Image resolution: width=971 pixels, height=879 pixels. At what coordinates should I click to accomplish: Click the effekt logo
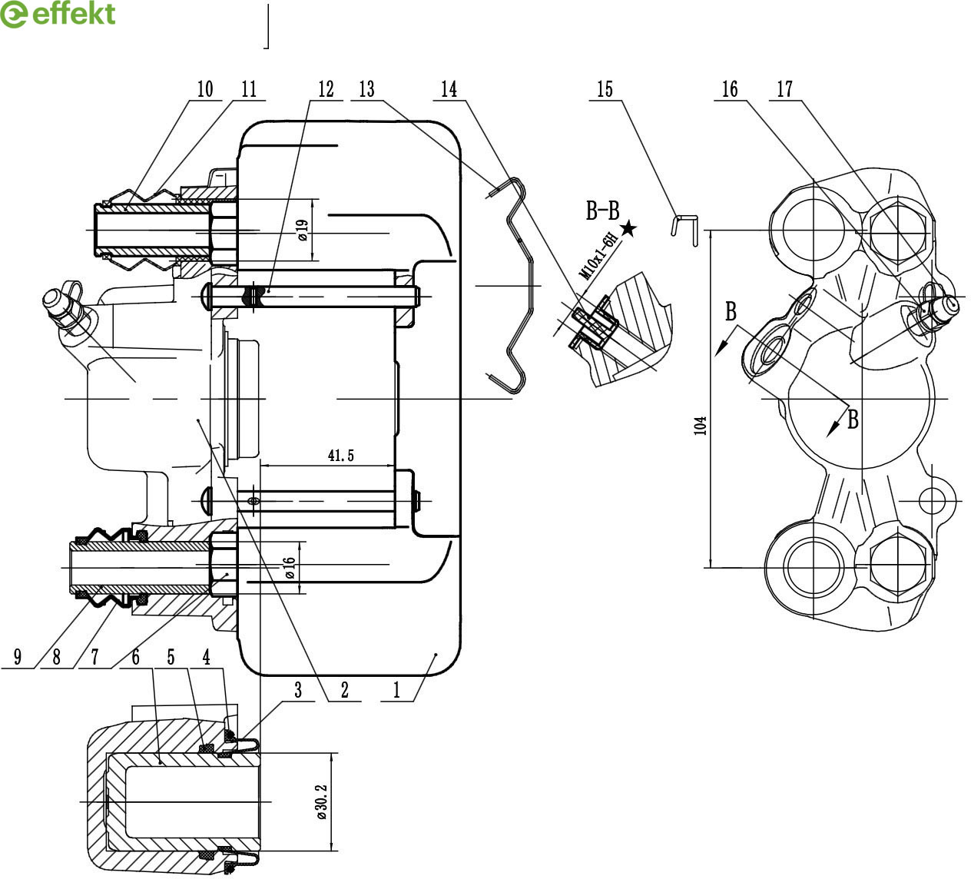tap(58, 15)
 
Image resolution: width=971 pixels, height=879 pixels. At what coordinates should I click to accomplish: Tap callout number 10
tap(204, 89)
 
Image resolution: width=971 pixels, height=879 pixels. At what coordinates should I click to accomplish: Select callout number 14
tap(449, 89)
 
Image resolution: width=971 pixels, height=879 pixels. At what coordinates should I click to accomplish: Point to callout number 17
tap(784, 89)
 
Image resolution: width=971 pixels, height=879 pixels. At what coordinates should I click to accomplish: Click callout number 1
tap(396, 690)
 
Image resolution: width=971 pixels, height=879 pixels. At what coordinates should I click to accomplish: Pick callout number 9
tap(17, 658)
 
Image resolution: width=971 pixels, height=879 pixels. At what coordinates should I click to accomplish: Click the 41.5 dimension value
tap(341, 456)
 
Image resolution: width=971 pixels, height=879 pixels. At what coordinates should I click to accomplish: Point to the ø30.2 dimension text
tap(322, 802)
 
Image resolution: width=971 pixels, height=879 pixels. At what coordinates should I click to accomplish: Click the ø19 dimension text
tap(303, 231)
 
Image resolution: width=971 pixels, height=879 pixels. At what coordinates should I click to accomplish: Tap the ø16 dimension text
tap(290, 568)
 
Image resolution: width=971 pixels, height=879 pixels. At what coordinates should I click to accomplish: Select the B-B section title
tap(602, 211)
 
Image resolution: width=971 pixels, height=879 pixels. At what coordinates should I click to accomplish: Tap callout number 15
tap(605, 89)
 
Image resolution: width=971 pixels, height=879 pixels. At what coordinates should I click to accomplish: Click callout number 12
tap(326, 89)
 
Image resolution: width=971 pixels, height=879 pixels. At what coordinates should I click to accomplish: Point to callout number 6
tap(135, 658)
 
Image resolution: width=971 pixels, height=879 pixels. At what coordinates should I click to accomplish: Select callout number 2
tap(344, 690)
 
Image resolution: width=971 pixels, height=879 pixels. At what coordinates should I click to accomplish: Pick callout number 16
tap(730, 89)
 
